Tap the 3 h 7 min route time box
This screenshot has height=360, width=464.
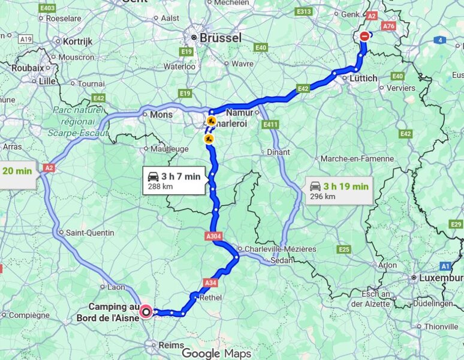point(173,181)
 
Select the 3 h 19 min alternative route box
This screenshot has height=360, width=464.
point(339,190)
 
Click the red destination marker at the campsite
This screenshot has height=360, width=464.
point(146,311)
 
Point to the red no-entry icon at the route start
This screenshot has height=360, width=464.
point(365,36)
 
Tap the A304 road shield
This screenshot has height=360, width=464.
point(213,237)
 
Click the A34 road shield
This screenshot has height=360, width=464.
point(210,282)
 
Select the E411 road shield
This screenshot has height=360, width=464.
point(271,124)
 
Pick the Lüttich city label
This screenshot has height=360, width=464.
point(363,78)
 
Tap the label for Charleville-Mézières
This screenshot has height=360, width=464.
point(277,249)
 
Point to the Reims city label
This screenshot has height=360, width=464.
point(167,345)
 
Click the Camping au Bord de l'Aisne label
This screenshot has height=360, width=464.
point(108,312)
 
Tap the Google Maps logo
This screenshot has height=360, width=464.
point(216,353)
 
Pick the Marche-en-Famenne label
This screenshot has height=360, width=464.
point(357,159)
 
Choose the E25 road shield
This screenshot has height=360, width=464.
point(344,249)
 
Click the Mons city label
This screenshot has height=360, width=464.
point(161,114)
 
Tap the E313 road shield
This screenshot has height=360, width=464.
point(304,11)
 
